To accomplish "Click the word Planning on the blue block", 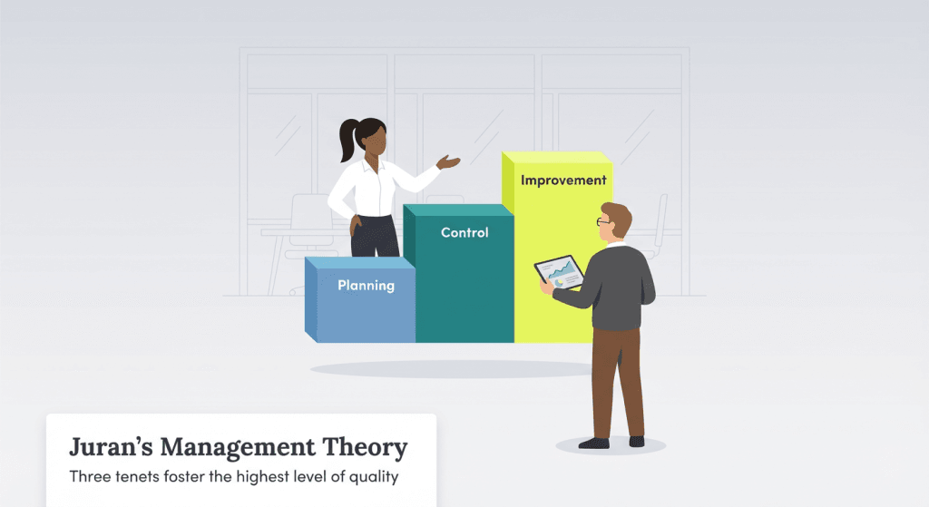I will pyautogui.click(x=366, y=286).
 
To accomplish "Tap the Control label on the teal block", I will pyautogui.click(x=464, y=233).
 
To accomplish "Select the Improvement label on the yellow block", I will pyautogui.click(x=563, y=180).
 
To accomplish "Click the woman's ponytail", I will pyautogui.click(x=347, y=141).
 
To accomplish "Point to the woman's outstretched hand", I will pyautogui.click(x=448, y=162).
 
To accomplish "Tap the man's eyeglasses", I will pyautogui.click(x=603, y=221).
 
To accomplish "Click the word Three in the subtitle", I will pyautogui.click(x=89, y=476).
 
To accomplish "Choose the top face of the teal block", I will pyautogui.click(x=457, y=210).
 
